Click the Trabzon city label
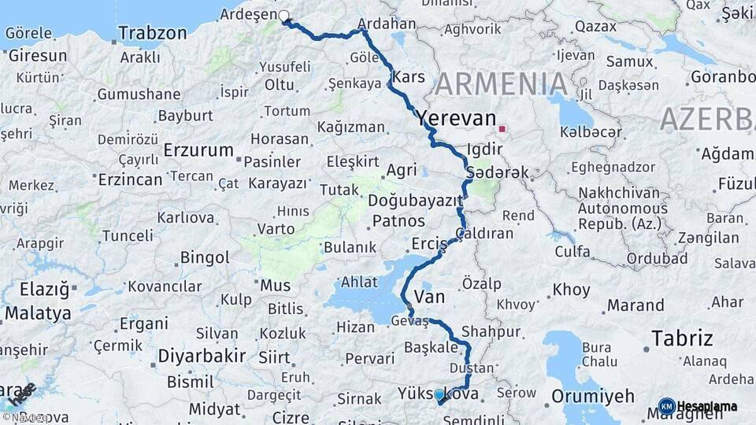pyautogui.click(x=153, y=34)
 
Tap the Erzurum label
pyautogui.click(x=198, y=150)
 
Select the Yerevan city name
pyautogui.click(x=457, y=118)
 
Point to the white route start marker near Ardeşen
pyautogui.click(x=283, y=15)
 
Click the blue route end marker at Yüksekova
pyautogui.click(x=439, y=395)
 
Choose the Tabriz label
pyautogui.click(x=682, y=338)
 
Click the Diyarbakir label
pyautogui.click(x=202, y=356)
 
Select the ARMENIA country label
pyautogui.click(x=502, y=83)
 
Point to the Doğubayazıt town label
pyautogui.click(x=415, y=201)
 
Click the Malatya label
pyautogui.click(x=38, y=313)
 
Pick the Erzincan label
pyautogui.click(x=130, y=179)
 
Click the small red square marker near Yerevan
pyautogui.click(x=502, y=128)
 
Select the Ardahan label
pyautogui.click(x=386, y=24)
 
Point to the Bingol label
pyautogui.click(x=205, y=257)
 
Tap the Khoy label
pyautogui.click(x=571, y=290)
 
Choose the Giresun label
pyautogui.click(x=37, y=56)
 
